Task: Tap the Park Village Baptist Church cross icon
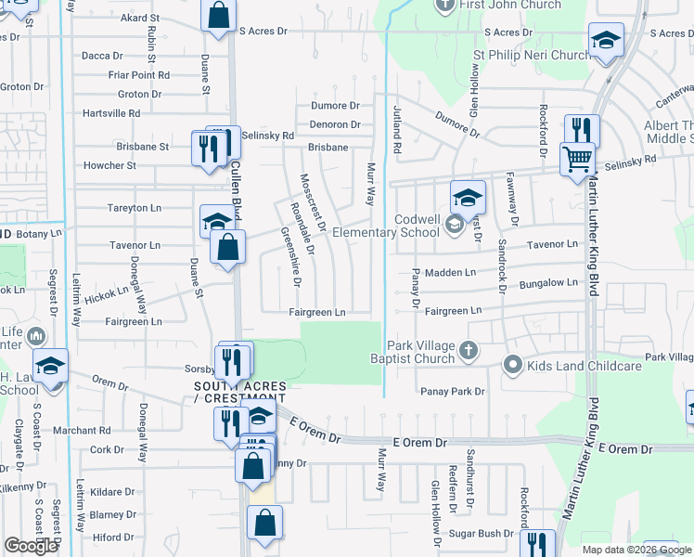click(469, 351)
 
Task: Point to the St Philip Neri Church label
click(532, 55)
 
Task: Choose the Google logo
click(31, 546)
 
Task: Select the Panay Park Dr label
click(452, 392)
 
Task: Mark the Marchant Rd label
click(82, 431)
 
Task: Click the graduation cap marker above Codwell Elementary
click(468, 197)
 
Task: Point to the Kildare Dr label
click(113, 491)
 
